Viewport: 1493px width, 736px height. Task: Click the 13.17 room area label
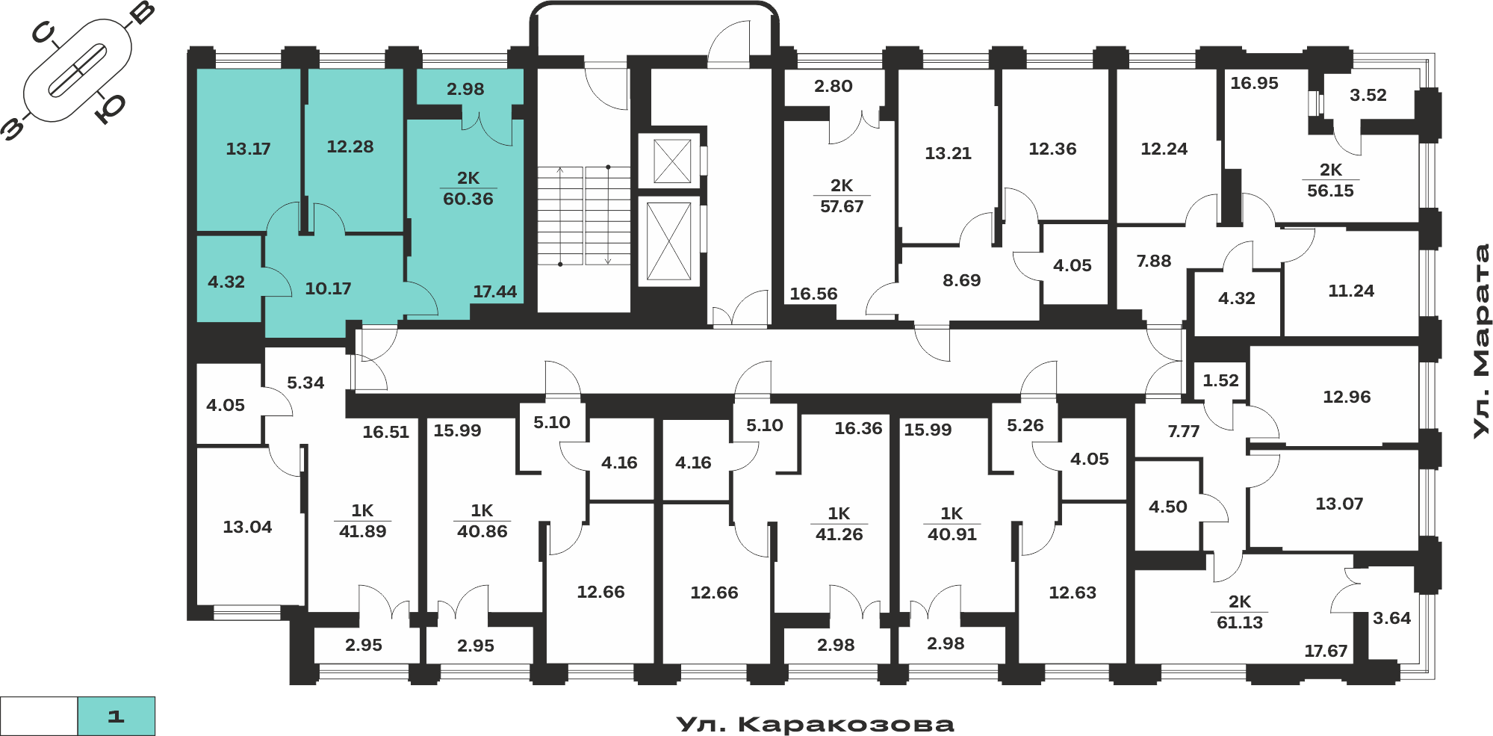pyautogui.click(x=248, y=149)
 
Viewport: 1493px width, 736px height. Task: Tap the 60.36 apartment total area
pyautogui.click(x=468, y=199)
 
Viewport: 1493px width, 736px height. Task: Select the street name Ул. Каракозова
pyautogui.click(x=815, y=724)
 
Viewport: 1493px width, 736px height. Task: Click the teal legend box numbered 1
pyautogui.click(x=117, y=716)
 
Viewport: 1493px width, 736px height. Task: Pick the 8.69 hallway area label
pyautogui.click(x=961, y=280)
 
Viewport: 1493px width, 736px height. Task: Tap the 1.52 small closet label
pyautogui.click(x=1220, y=380)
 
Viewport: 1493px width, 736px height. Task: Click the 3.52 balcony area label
pyautogui.click(x=1368, y=95)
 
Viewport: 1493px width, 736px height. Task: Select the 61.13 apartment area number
pyautogui.click(x=1240, y=622)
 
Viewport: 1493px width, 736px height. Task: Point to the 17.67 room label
pyautogui.click(x=1326, y=651)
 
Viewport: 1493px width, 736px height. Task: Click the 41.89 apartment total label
pyautogui.click(x=362, y=531)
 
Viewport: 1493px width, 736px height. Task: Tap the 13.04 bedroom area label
pyautogui.click(x=247, y=527)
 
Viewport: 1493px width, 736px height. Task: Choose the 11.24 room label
pyautogui.click(x=1350, y=291)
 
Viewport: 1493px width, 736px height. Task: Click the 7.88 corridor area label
pyautogui.click(x=1154, y=261)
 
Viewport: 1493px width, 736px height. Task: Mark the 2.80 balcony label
pyautogui.click(x=833, y=86)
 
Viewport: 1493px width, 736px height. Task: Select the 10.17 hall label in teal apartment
pyautogui.click(x=328, y=288)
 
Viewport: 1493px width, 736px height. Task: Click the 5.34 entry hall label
pyautogui.click(x=305, y=383)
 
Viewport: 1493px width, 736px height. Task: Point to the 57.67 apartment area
pyautogui.click(x=842, y=206)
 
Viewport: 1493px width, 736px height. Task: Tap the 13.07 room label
pyautogui.click(x=1339, y=504)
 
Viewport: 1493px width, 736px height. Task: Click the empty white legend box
pyautogui.click(x=39, y=716)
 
